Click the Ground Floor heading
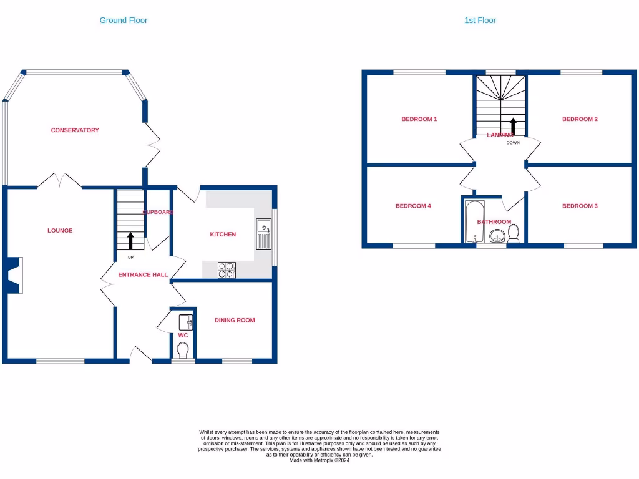click(124, 21)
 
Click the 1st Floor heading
click(480, 21)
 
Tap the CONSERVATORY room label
click(75, 130)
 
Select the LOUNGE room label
click(60, 231)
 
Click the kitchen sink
click(263, 233)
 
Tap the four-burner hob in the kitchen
click(226, 270)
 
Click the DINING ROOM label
click(235, 321)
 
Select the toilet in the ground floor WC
click(183, 352)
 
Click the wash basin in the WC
click(185, 322)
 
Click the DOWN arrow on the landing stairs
click(513, 126)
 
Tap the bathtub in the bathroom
click(474, 221)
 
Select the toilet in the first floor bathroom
click(514, 233)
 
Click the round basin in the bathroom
click(497, 236)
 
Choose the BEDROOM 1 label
click(419, 119)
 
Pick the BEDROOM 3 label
click(580, 206)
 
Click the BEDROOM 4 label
click(413, 206)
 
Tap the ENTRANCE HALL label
click(143, 274)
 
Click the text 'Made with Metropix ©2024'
click(319, 460)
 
